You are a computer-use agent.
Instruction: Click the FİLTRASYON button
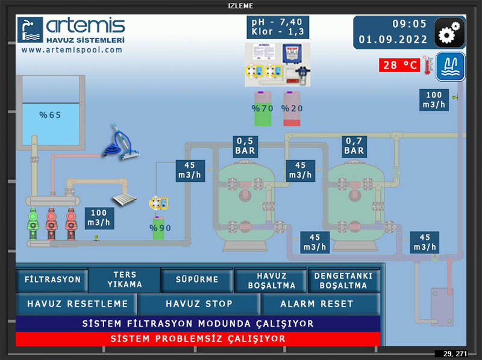coord(52,280)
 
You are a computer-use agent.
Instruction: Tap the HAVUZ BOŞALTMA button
coord(270,280)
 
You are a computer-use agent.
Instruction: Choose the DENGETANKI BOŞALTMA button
coord(343,280)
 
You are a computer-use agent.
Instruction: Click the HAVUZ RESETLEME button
coord(77,304)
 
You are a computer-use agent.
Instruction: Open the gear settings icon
coord(449,34)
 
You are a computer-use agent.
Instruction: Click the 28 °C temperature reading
coord(398,65)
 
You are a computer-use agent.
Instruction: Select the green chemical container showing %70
coord(263,108)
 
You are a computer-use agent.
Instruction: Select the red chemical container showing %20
coord(292,108)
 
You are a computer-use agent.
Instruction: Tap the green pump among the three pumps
coord(33,223)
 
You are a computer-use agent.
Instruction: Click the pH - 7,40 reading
coord(277,22)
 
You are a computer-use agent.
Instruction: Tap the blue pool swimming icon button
coord(450,66)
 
